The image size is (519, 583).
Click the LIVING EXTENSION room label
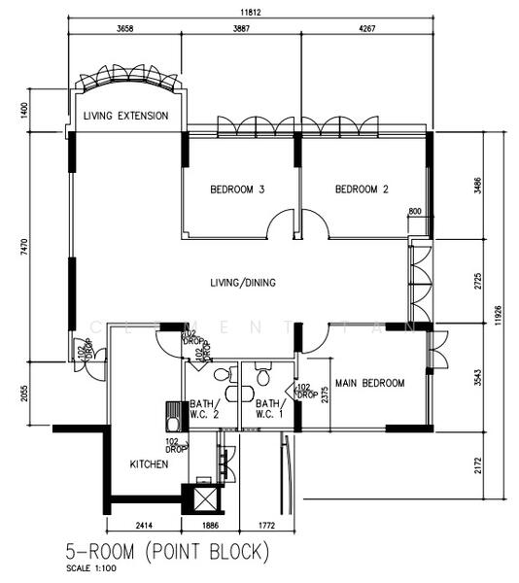click(126, 116)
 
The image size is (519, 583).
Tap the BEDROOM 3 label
click(237, 189)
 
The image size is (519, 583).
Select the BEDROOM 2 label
click(362, 189)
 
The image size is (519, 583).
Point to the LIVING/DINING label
click(243, 283)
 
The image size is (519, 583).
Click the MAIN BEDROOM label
click(369, 384)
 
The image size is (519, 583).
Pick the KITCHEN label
click(150, 464)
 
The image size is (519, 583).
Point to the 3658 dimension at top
click(123, 30)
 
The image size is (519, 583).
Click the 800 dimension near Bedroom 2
click(415, 211)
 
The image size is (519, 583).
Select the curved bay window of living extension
click(127, 83)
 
